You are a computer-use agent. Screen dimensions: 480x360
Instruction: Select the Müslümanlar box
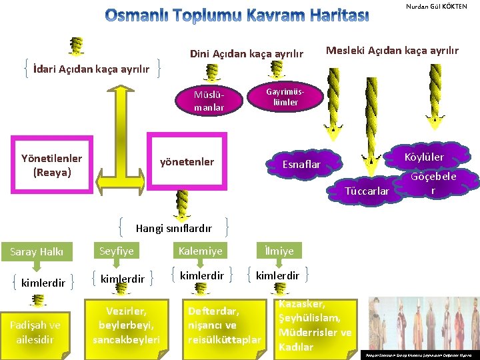209,100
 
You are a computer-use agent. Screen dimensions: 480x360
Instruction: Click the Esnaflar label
302,164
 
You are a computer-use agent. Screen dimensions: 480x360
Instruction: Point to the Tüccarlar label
367,191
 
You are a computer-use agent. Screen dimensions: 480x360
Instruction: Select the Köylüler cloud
425,157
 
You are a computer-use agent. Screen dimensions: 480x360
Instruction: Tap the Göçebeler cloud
433,182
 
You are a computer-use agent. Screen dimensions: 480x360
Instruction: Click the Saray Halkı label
37,251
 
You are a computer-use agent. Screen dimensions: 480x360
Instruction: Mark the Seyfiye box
117,251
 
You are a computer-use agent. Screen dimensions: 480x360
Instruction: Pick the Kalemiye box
200,251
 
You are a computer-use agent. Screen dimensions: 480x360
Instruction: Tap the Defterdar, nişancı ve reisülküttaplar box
224,325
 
